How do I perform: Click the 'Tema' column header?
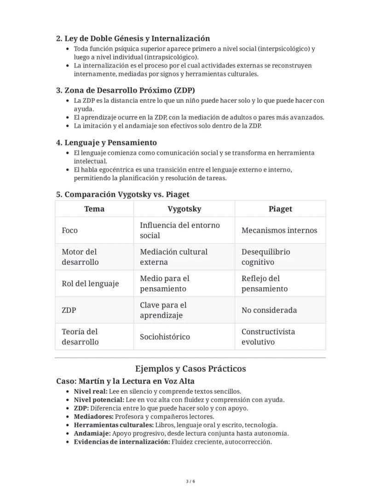point(94,209)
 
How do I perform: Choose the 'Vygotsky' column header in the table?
point(184,209)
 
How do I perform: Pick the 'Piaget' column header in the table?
point(280,209)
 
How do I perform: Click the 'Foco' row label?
point(70,231)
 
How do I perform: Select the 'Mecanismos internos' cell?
point(279,231)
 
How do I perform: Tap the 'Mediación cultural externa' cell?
point(173,257)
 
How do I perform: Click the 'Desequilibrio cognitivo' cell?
point(266,257)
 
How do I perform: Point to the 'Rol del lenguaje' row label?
point(90,284)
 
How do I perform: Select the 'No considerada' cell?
point(269,310)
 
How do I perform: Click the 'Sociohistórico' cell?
point(165,337)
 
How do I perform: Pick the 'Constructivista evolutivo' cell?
point(268,337)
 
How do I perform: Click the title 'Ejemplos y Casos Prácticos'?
point(190,369)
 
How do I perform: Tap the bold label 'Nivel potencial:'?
point(99,400)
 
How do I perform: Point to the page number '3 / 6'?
point(190,481)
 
